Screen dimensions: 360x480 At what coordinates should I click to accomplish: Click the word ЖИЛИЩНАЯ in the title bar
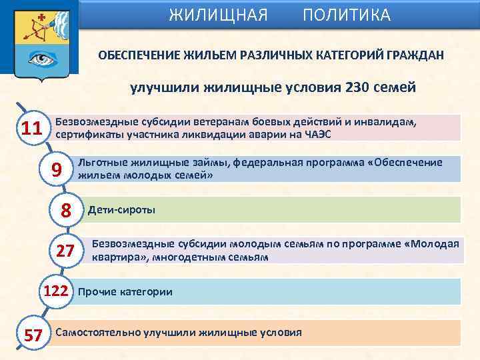[218, 15]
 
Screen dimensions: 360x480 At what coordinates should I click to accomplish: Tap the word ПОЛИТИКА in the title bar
[347, 15]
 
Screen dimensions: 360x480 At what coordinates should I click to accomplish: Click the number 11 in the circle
[31, 128]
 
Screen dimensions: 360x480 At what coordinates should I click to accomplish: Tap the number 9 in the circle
[57, 171]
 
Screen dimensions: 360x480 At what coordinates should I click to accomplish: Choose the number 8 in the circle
[66, 211]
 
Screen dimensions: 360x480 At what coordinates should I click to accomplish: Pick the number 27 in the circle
[65, 251]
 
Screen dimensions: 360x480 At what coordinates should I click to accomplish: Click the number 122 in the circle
[55, 291]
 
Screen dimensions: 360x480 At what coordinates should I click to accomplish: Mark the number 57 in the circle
[33, 335]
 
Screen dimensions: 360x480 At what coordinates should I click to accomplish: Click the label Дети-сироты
[121, 211]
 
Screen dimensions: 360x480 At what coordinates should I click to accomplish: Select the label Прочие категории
[125, 292]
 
